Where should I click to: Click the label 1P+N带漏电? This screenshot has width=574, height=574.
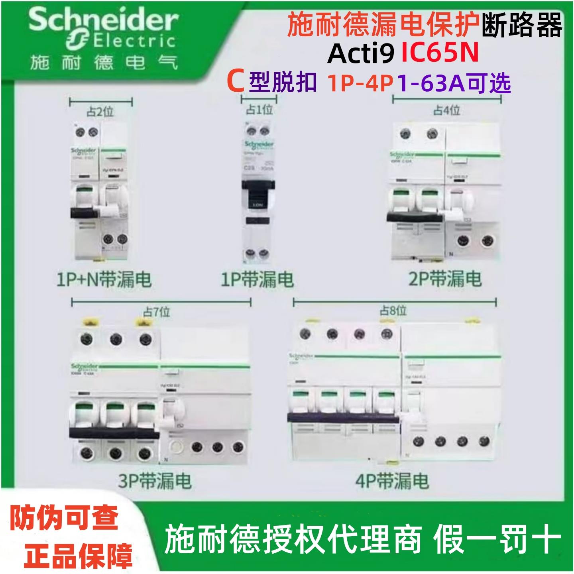pos(104,279)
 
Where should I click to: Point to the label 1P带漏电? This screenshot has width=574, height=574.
pos(258,279)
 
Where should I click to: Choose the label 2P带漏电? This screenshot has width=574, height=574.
pos(445,279)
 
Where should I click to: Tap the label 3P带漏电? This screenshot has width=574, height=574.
pos(155,481)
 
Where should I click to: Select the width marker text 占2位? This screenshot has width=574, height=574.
pos(100,112)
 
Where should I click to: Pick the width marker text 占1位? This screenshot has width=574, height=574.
pos(259,110)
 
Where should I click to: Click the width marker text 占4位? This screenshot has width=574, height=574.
pos(446,110)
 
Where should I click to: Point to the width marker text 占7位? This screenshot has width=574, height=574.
pos(157,312)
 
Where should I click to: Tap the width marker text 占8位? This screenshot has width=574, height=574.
pos(393,311)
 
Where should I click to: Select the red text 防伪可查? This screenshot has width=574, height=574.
pos(64,518)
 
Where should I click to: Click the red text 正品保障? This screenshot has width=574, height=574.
pos(78,555)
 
